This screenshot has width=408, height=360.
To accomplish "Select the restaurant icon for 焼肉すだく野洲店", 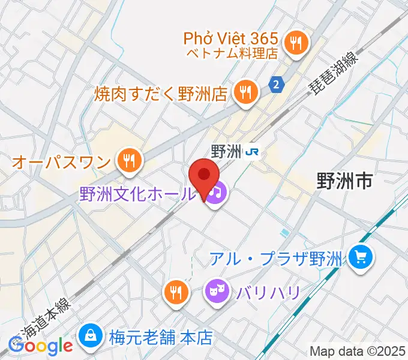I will [244, 92].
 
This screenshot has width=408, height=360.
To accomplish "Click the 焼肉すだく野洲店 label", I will [161, 94].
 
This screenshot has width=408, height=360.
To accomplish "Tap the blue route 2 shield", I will [275, 85].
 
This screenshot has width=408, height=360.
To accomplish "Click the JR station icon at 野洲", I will [254, 152].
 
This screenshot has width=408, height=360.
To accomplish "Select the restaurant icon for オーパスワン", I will [128, 160].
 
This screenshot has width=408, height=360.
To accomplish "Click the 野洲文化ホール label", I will [137, 194].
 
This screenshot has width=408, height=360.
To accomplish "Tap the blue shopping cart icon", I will [361, 259].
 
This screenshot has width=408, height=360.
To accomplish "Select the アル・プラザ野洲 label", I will [275, 259].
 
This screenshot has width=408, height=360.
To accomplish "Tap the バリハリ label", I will [267, 293].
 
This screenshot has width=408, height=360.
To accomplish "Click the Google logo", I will [40, 346].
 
